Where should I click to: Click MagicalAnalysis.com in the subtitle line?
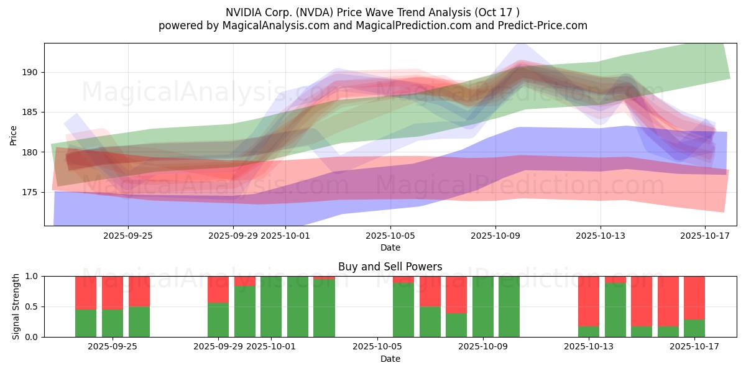pyautogui.click(x=272, y=25)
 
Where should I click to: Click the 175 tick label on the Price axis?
pyautogui.click(x=30, y=193)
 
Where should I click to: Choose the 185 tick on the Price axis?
pyautogui.click(x=30, y=113)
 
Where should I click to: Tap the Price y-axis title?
pyautogui.click(x=14, y=134)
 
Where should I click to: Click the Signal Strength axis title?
pyautogui.click(x=16, y=306)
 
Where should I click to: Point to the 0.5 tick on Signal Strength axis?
pyautogui.click(x=32, y=306)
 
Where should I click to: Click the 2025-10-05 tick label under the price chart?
pyautogui.click(x=390, y=236)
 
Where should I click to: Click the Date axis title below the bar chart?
pyautogui.click(x=390, y=359)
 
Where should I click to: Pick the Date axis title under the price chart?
pyautogui.click(x=390, y=247)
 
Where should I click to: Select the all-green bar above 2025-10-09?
pyautogui.click(x=482, y=306)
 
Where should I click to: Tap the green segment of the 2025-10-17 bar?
pyautogui.click(x=694, y=328)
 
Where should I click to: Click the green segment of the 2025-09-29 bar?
pyautogui.click(x=218, y=320)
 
